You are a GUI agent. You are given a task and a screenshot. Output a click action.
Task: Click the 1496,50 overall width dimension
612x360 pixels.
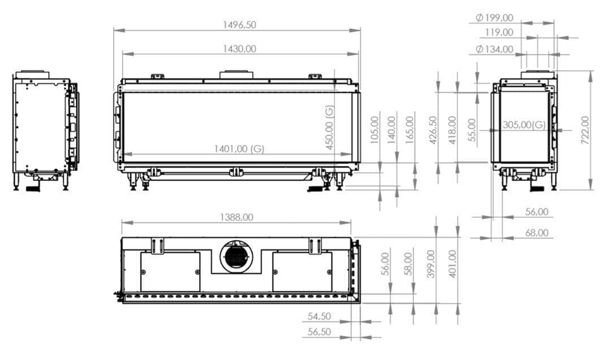(x=237, y=25)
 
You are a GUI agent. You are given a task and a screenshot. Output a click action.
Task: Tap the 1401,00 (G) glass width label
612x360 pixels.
(x=239, y=149)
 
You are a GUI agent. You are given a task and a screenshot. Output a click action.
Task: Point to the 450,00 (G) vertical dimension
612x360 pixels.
(x=330, y=127)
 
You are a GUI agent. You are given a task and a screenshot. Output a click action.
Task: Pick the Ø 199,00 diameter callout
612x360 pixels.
(x=495, y=18)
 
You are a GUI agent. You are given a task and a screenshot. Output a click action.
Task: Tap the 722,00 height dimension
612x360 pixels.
(x=585, y=130)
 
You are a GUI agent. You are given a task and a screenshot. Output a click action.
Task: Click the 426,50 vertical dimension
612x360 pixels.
(x=433, y=130)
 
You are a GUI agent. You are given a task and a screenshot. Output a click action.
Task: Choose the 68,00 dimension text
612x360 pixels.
(x=536, y=233)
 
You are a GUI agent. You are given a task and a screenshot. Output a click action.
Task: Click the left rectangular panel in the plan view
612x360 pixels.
(x=170, y=272)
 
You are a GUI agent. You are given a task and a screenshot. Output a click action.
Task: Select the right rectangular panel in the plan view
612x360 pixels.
(x=302, y=272)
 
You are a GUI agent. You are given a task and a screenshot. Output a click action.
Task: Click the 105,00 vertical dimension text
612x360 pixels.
(x=374, y=130)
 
